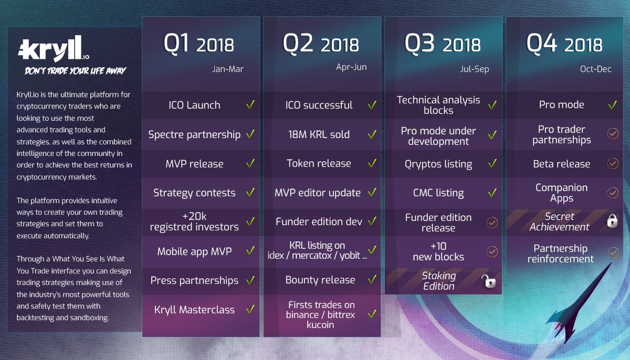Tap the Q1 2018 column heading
[198, 44]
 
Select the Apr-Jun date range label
[351, 67]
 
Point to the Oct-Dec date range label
[596, 69]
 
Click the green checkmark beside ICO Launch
[250, 104]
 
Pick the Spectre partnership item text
[194, 135]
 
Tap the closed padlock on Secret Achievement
[612, 220]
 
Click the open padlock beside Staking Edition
[489, 281]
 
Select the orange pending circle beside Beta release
[613, 163]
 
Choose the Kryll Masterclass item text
[194, 310]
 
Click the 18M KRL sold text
[319, 134]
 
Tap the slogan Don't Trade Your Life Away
[76, 70]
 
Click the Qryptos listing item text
[438, 164]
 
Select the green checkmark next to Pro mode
[613, 105]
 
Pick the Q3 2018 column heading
[443, 44]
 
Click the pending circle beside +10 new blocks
[492, 251]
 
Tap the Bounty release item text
[320, 280]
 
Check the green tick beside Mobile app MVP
[250, 250]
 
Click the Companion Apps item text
[561, 193]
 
